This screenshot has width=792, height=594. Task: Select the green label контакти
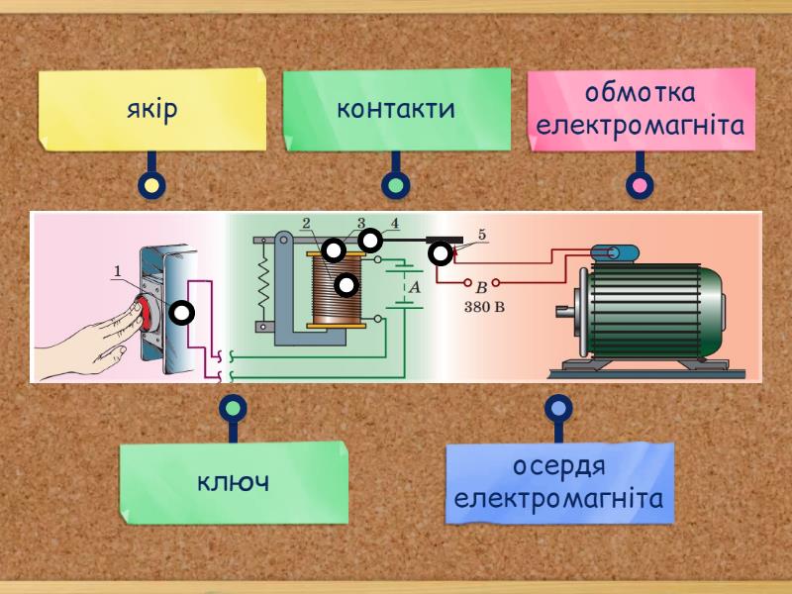pyautogui.click(x=396, y=108)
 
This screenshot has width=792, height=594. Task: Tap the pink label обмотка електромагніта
pyautogui.click(x=640, y=110)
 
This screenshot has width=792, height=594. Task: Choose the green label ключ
pyautogui.click(x=234, y=483)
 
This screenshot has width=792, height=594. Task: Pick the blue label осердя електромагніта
pyautogui.click(x=559, y=482)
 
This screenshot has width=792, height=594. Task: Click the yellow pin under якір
pyautogui.click(x=151, y=185)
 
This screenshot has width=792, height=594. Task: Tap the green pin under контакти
pyautogui.click(x=396, y=185)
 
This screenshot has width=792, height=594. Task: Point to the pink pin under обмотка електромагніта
pyautogui.click(x=640, y=185)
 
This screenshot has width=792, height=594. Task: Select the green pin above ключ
pyautogui.click(x=233, y=407)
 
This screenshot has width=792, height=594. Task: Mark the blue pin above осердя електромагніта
pyautogui.click(x=559, y=407)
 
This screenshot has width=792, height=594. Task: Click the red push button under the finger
pyautogui.click(x=148, y=313)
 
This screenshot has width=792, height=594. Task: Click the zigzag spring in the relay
pyautogui.click(x=264, y=285)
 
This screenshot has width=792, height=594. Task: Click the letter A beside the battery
pyautogui.click(x=416, y=285)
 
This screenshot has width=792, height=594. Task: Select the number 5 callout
pyautogui.click(x=482, y=235)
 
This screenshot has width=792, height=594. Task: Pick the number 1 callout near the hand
pyautogui.click(x=117, y=269)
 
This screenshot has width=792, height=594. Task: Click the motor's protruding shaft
pyautogui.click(x=566, y=316)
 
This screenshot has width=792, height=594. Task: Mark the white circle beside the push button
pyautogui.click(x=181, y=313)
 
